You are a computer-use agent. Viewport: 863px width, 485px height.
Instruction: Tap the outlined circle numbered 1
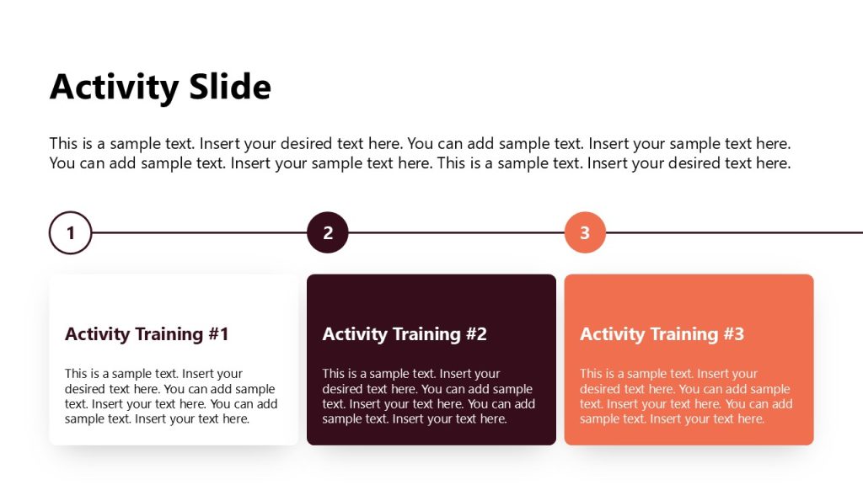coord(70,233)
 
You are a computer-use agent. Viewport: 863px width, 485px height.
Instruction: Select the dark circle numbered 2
coord(328,233)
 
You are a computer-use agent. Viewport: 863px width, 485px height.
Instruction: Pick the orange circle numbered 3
coord(585,233)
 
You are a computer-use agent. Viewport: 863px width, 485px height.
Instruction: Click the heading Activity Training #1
coord(147,334)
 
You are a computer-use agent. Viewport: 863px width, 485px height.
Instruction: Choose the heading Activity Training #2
coord(405,334)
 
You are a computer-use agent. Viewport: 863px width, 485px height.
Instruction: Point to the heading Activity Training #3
coord(662,334)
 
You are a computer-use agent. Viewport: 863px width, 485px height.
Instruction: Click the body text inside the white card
coord(171,396)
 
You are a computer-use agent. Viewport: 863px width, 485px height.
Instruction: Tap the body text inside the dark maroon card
coord(428,396)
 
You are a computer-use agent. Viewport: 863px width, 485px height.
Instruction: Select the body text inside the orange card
coord(686,396)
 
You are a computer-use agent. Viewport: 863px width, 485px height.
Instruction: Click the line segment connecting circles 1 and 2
coord(199,233)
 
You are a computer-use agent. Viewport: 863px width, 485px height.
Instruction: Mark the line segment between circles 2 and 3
coord(456,233)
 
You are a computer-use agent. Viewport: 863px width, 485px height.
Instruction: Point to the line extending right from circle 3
coord(733,233)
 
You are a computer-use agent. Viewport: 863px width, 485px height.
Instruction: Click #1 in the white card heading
coord(218,334)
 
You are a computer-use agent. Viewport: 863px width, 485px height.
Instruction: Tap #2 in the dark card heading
coord(476,334)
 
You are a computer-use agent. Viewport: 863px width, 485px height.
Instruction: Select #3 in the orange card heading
coord(733,334)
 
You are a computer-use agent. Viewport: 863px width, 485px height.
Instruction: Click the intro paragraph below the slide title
coord(420,153)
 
